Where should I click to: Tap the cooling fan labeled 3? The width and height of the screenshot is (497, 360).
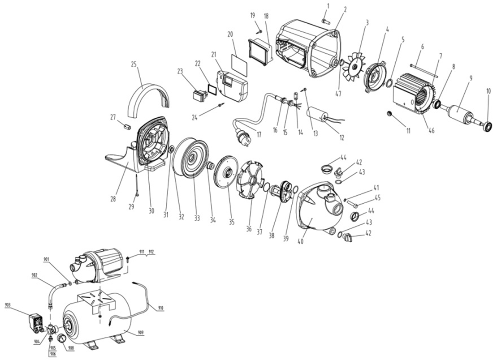[354, 68]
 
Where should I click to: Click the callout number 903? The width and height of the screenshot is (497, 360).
[8, 304]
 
